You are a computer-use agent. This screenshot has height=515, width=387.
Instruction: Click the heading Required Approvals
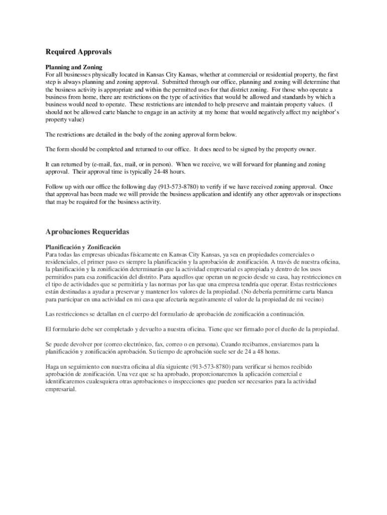[78, 52]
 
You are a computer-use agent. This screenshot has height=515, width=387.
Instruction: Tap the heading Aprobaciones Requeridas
[87, 232]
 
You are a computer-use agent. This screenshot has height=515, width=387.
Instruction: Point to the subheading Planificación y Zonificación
[83, 247]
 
